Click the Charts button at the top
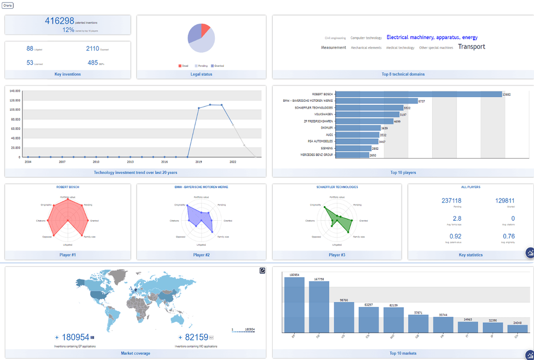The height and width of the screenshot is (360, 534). point(8,5)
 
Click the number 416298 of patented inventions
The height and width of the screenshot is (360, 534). point(59,21)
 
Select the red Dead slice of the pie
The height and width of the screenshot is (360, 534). point(205,29)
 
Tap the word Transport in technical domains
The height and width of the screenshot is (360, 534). point(471,47)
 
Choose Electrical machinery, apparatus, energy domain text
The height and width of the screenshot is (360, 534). point(432,38)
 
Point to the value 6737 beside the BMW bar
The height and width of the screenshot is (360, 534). point(422,101)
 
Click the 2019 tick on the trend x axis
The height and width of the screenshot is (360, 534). point(199,162)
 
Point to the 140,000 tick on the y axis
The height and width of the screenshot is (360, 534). point(15,91)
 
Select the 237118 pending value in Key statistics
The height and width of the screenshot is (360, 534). point(451,201)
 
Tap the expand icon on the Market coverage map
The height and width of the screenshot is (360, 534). point(262,270)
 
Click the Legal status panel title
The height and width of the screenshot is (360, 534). point(201,74)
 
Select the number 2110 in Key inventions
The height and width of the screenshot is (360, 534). point(92,49)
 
